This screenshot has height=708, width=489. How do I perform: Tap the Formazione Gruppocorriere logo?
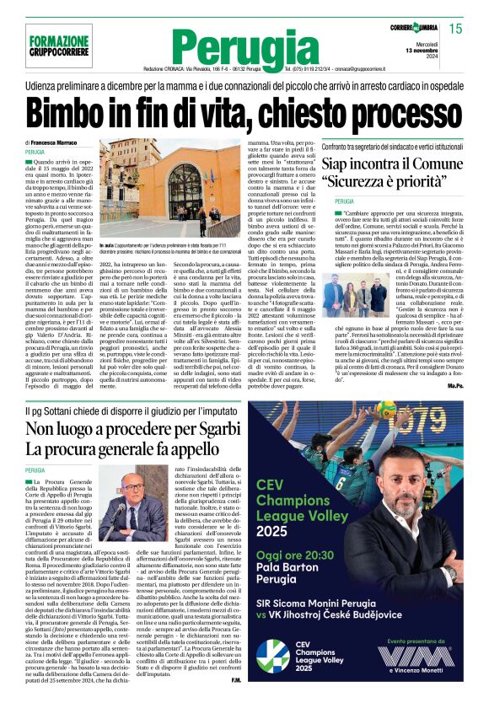(x=59, y=46)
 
